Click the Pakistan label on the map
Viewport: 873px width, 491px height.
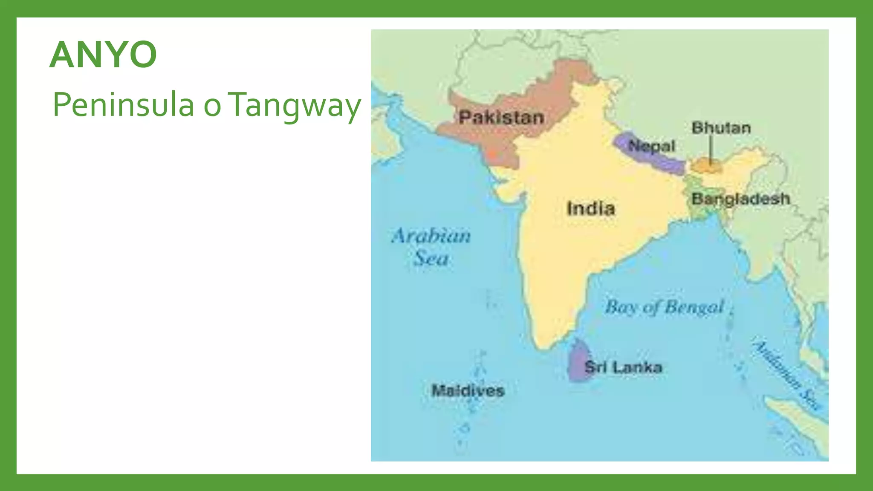tap(501, 117)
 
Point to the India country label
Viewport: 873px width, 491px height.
tap(591, 208)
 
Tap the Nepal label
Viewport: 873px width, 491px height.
tap(652, 146)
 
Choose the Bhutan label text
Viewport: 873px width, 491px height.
tap(721, 127)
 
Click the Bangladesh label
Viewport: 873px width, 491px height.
tap(741, 199)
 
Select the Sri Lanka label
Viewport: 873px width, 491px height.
tap(623, 367)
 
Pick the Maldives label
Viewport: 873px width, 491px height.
tap(468, 390)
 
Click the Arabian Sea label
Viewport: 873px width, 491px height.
tap(431, 246)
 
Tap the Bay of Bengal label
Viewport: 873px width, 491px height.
tap(665, 307)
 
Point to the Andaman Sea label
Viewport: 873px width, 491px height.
tap(786, 375)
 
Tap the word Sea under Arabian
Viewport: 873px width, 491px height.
tap(431, 258)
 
